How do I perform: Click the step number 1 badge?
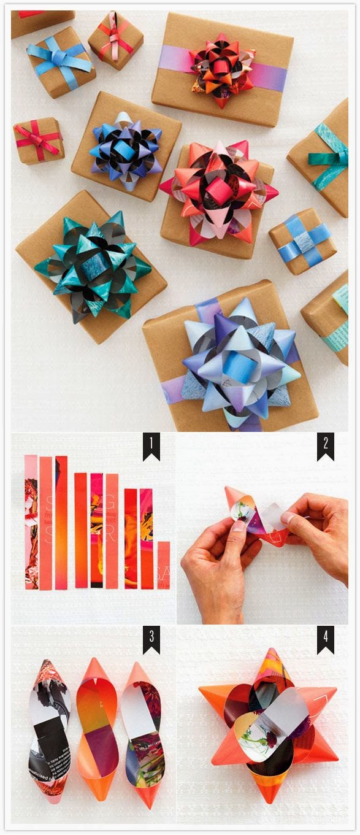tap(151, 447)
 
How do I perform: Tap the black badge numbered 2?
tap(326, 447)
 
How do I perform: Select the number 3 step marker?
tap(151, 640)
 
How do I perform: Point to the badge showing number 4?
tap(326, 640)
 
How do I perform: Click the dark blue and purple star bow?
tap(126, 150)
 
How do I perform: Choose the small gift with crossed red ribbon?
tap(38, 140)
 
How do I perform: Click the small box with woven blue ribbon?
tap(302, 240)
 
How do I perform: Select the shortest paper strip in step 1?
tap(163, 564)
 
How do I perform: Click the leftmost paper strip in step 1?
tap(31, 521)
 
